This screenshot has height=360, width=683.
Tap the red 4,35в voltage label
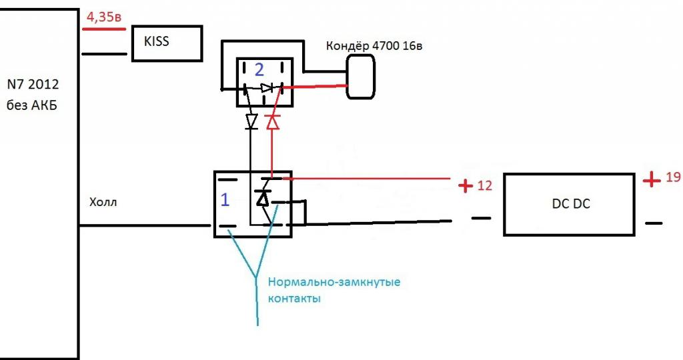pos(101,18)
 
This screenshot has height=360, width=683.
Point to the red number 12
pos(485,185)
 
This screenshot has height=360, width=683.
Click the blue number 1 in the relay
pos(225,200)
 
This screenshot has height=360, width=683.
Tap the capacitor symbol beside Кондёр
pos(360,77)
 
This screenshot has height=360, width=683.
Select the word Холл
pos(103,202)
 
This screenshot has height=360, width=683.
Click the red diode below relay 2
pos(271,122)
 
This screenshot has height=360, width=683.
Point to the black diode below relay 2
pos(251,121)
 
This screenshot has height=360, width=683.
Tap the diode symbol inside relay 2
pos(267,88)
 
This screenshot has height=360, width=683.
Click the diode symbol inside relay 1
pos(263,198)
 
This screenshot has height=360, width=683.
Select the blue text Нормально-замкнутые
pos(333,282)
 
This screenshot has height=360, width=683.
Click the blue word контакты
pos(294,298)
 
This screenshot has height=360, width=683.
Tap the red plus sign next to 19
pos(650,179)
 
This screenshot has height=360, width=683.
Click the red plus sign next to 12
pos(466,186)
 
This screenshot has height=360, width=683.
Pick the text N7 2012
pos(33,85)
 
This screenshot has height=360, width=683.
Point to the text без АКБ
pos(32,105)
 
